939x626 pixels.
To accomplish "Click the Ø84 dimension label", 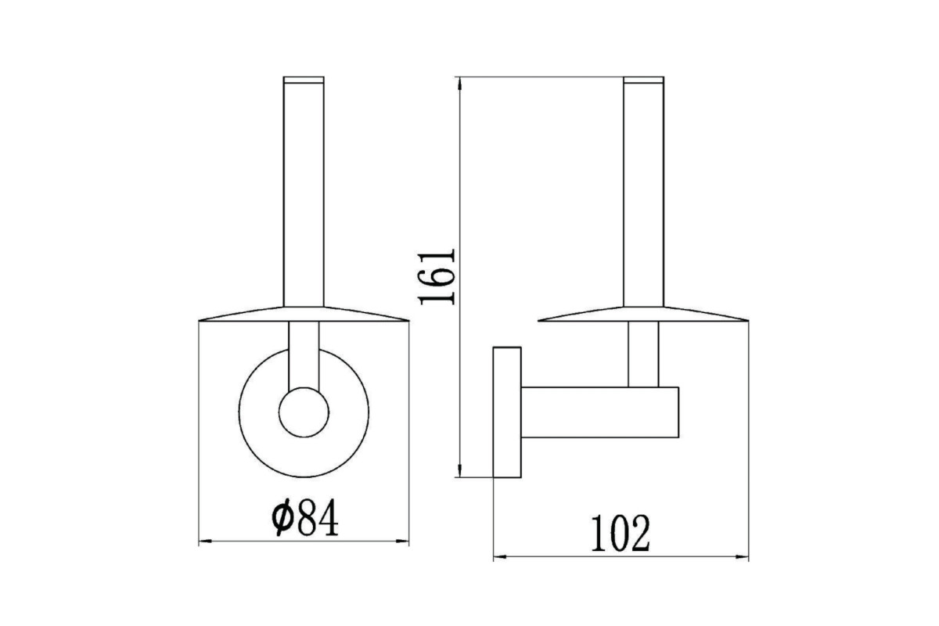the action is pyautogui.click(x=304, y=517).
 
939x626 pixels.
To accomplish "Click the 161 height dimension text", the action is pyautogui.click(x=437, y=277).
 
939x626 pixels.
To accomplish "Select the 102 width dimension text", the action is pyautogui.click(x=621, y=534).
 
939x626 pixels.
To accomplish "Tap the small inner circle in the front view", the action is pyautogui.click(x=304, y=412).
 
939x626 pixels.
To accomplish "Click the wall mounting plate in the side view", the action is pyautogui.click(x=507, y=412).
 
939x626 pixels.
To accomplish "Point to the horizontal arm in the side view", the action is pyautogui.click(x=600, y=412).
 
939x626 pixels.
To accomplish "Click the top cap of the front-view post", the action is pyautogui.click(x=304, y=80).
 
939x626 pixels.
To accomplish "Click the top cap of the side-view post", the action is pyautogui.click(x=644, y=80).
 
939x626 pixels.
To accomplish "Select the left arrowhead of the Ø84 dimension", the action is pyautogui.click(x=204, y=541).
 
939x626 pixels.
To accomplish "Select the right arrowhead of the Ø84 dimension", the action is pyautogui.click(x=403, y=541).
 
